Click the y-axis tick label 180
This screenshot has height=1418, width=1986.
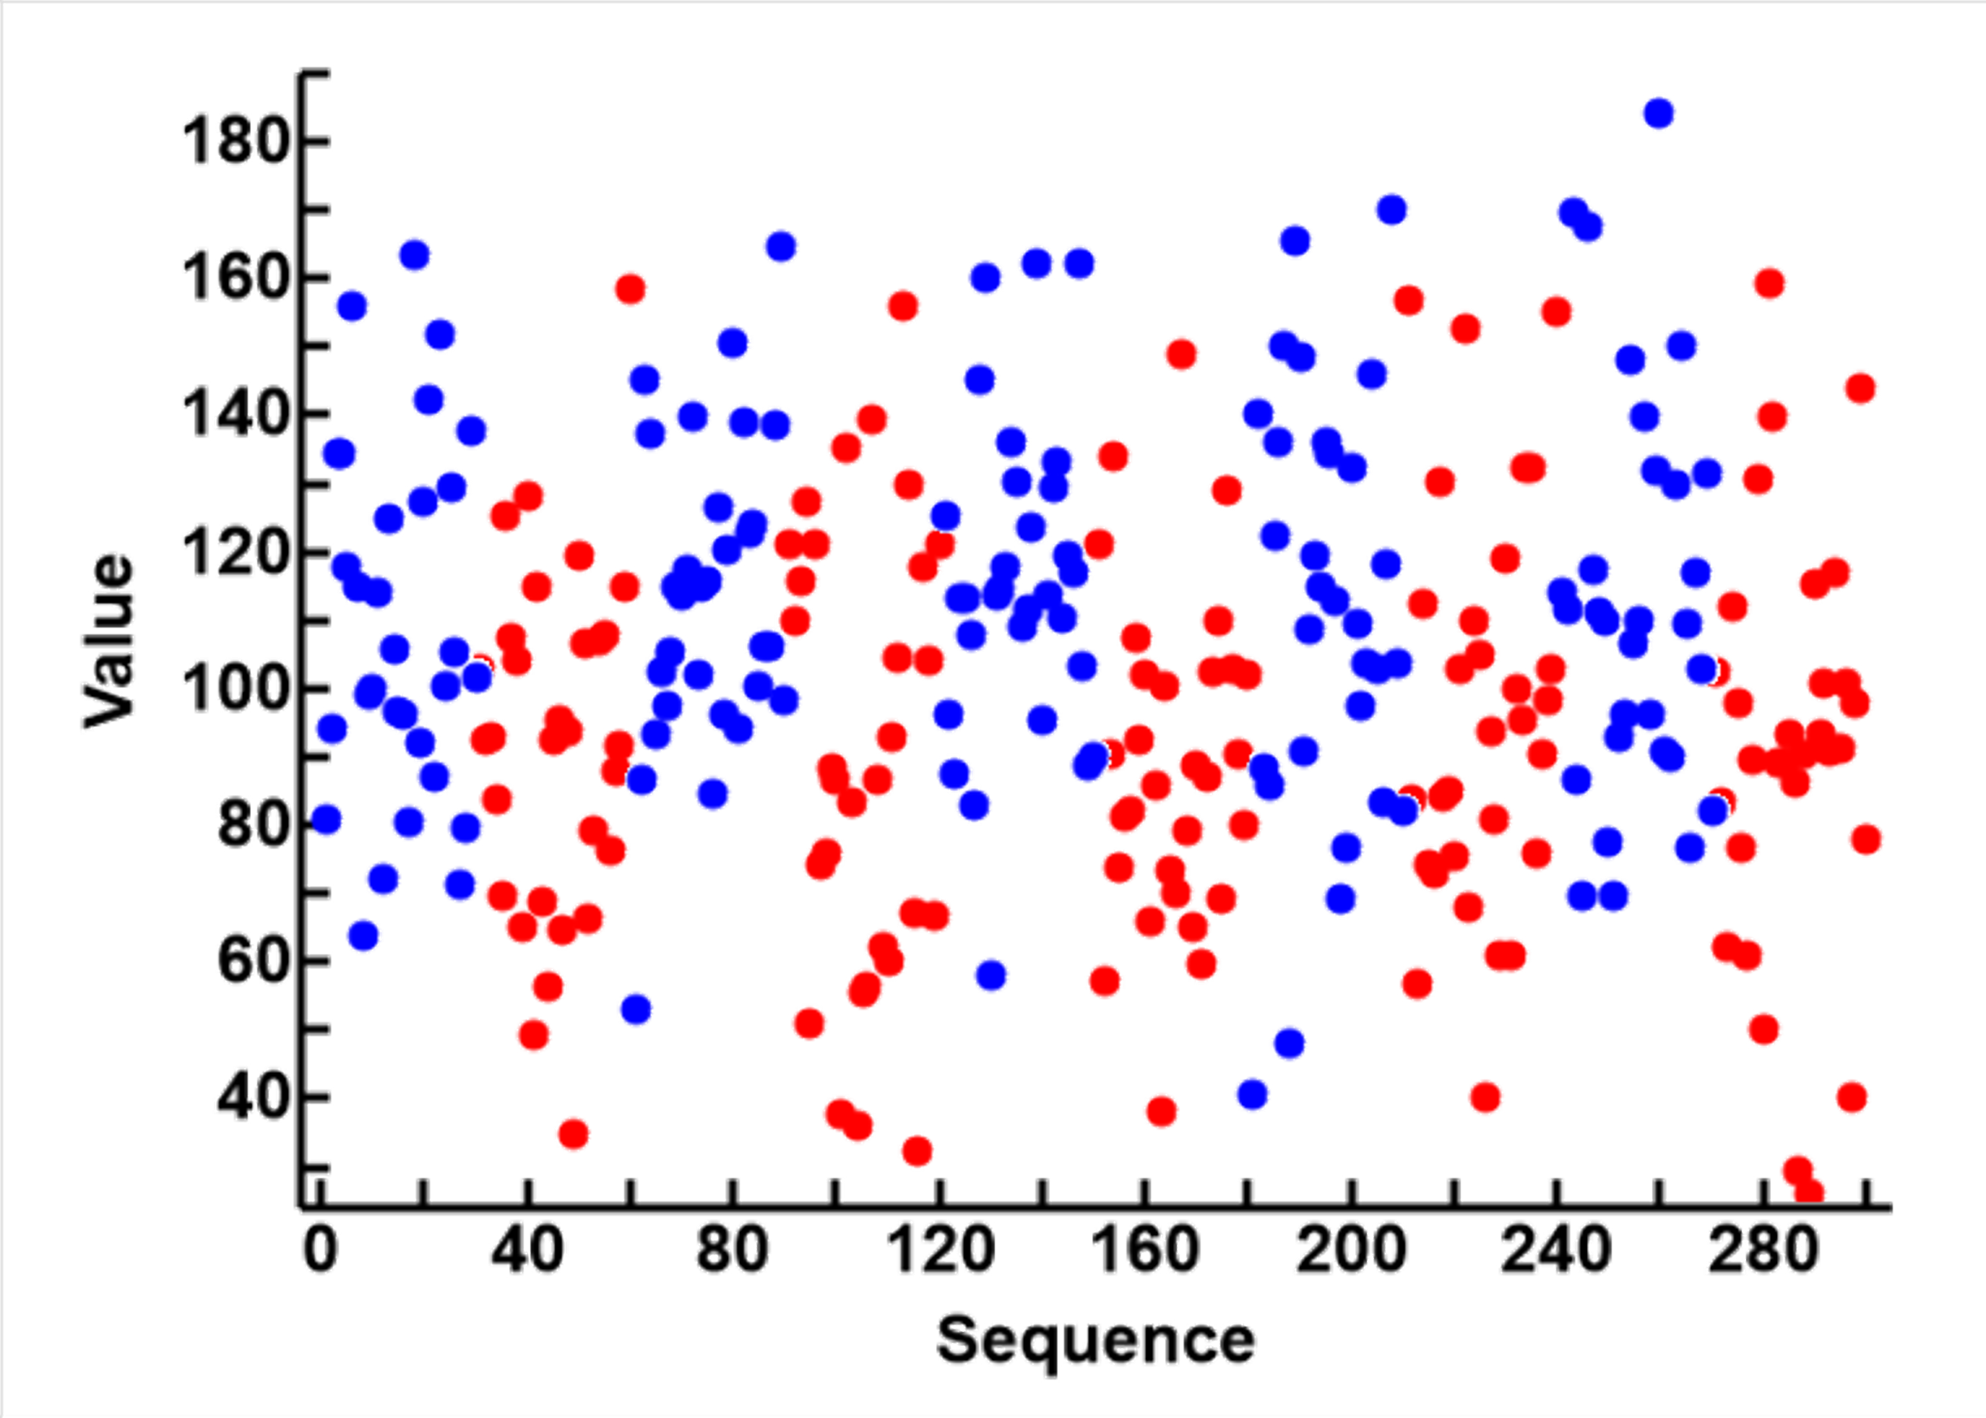click(234, 142)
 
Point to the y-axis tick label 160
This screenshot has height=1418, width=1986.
click(234, 279)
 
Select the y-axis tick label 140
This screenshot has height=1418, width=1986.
click(234, 415)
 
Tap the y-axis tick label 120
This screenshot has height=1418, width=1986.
click(234, 553)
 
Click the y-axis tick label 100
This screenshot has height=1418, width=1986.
click(234, 689)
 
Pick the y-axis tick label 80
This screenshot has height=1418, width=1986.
click(251, 824)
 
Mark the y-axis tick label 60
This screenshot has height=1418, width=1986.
click(251, 961)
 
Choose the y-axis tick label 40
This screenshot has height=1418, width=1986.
click(251, 1097)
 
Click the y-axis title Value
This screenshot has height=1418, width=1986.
click(109, 644)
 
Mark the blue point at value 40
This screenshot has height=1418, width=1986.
click(1252, 1094)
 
